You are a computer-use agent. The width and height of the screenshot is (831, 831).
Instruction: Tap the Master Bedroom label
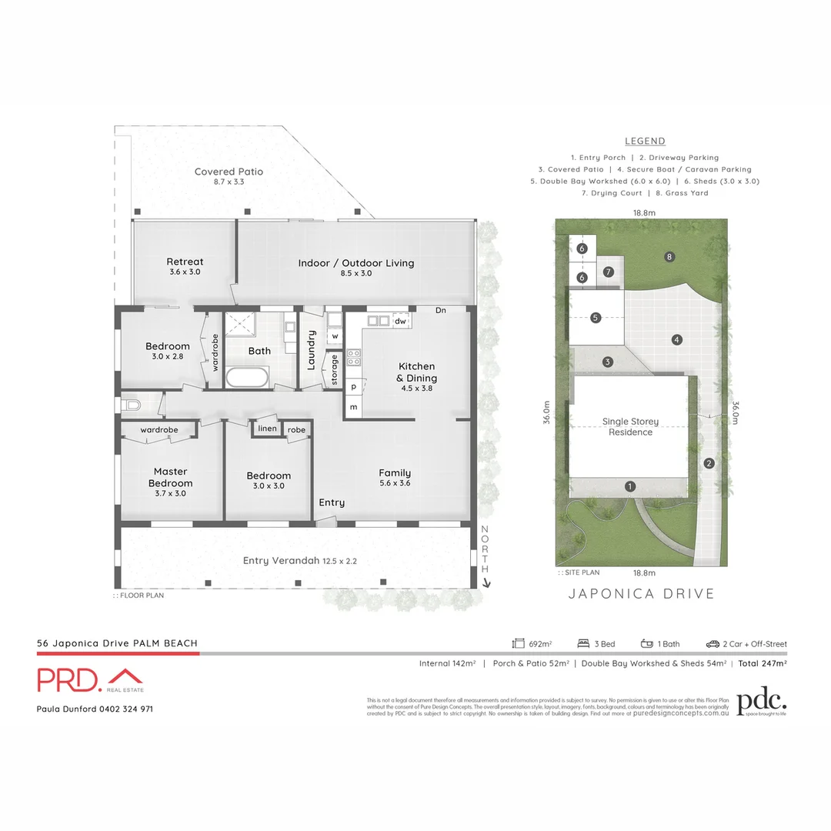point(171,477)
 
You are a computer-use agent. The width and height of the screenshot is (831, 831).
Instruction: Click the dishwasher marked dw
point(400,321)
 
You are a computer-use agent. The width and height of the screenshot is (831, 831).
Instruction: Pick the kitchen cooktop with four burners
point(355,358)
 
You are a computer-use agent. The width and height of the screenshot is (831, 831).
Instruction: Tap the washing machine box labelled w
point(335,336)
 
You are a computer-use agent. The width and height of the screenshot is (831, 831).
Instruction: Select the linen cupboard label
point(267,429)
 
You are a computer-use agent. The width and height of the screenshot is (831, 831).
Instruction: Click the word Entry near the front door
point(332,502)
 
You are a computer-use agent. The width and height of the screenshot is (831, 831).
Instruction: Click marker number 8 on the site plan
point(670,256)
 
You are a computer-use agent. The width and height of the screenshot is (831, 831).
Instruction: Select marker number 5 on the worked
point(596,317)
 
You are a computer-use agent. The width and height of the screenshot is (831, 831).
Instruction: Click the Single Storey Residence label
point(631,427)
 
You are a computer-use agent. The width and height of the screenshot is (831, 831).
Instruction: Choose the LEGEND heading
point(645,142)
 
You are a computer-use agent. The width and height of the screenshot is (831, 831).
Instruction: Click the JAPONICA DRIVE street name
point(641,593)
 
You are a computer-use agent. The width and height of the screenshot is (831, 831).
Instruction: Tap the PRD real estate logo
point(91,680)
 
